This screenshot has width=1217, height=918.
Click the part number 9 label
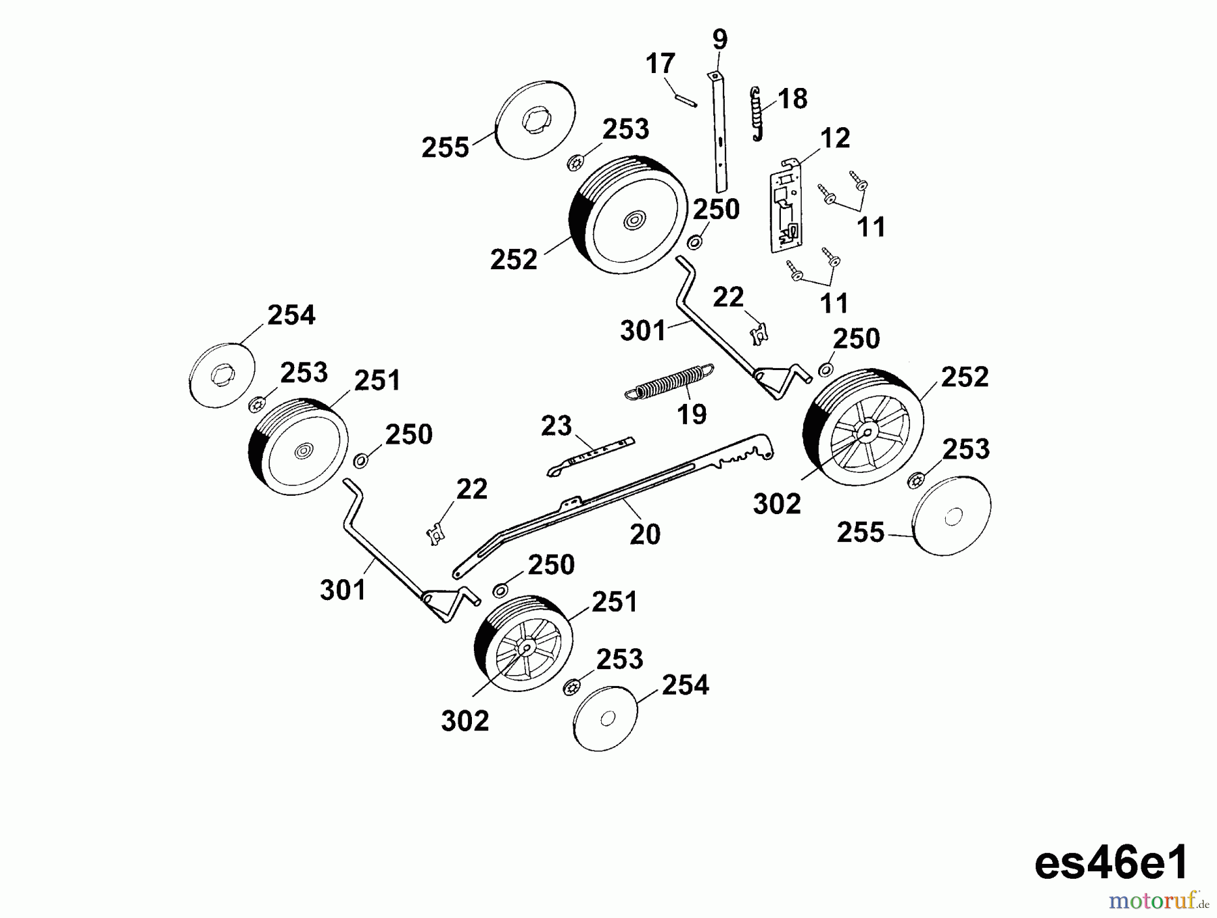pyautogui.click(x=720, y=39)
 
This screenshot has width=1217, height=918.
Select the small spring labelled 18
pyautogui.click(x=757, y=114)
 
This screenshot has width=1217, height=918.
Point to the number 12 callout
pyautogui.click(x=834, y=139)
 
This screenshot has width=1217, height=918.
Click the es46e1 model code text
pyautogui.click(x=1111, y=864)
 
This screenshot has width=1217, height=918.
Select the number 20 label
pyautogui.click(x=644, y=534)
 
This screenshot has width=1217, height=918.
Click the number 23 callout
pyautogui.click(x=556, y=426)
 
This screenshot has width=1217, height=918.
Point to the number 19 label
pyautogui.click(x=691, y=414)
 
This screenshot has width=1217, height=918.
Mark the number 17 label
pyautogui.click(x=660, y=64)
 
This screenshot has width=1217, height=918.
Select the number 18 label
pyautogui.click(x=792, y=99)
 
